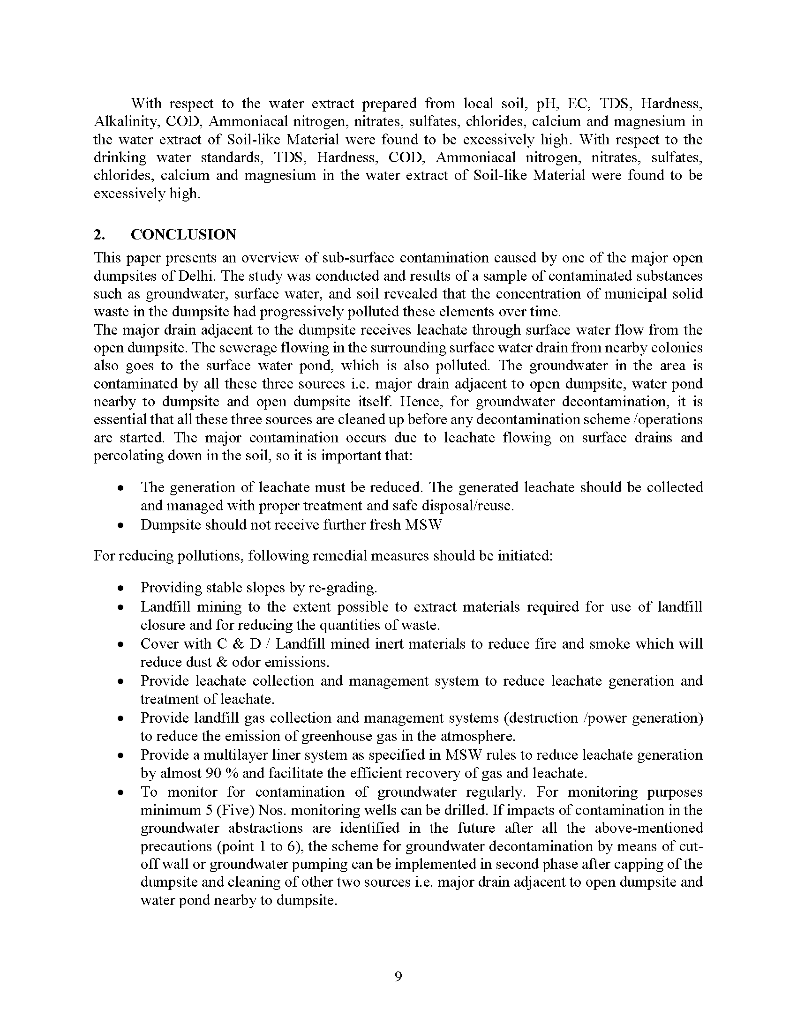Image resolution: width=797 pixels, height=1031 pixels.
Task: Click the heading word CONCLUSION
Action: click(183, 235)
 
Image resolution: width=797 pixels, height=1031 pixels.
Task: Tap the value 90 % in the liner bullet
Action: click(222, 773)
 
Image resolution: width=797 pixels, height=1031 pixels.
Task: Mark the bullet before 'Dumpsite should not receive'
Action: click(121, 525)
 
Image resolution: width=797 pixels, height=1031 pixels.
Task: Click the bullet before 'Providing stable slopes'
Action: click(121, 588)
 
